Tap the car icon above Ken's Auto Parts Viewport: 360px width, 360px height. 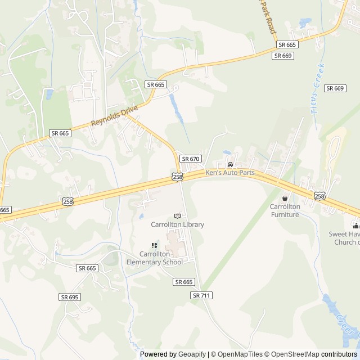[x=230, y=164]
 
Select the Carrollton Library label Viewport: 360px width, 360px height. [x=177, y=224]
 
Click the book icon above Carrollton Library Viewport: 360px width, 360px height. [x=178, y=216]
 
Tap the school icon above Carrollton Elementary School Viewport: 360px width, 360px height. [x=154, y=245]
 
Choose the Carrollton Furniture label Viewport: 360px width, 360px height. [x=285, y=210]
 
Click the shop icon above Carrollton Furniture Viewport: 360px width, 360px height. [x=285, y=198]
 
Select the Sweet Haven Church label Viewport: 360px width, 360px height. [x=344, y=238]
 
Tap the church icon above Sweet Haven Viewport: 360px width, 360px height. [x=356, y=226]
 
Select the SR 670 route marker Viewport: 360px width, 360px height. [x=191, y=159]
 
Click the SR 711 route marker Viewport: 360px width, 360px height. [x=202, y=295]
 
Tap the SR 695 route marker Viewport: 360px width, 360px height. [x=69, y=297]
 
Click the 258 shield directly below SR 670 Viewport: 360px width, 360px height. [x=177, y=177]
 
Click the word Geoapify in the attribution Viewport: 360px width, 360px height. [x=190, y=354]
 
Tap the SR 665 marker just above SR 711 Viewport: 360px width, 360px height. [x=184, y=282]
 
